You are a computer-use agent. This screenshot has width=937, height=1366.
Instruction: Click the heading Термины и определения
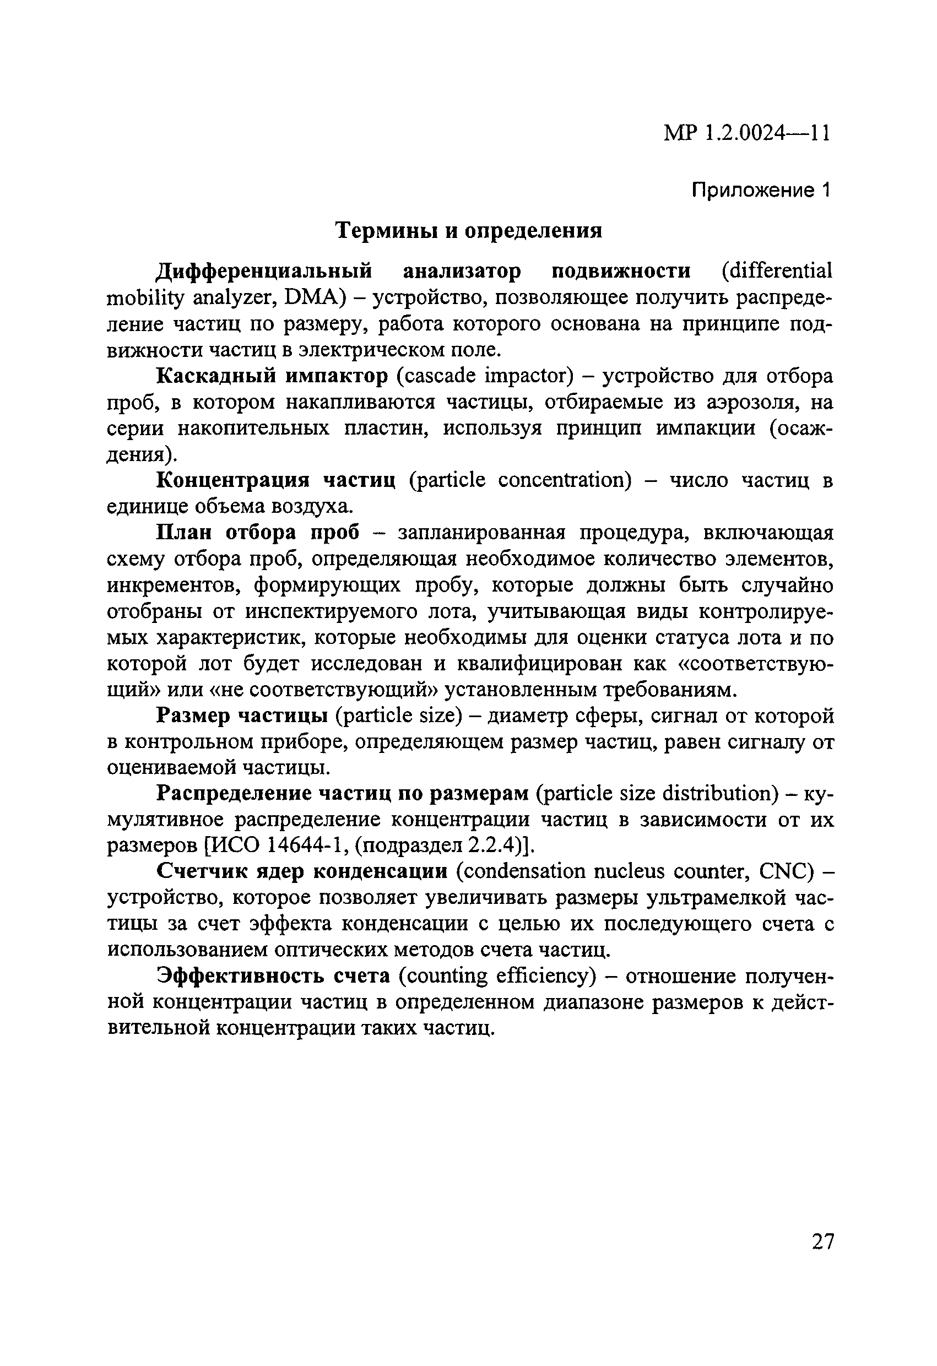click(468, 230)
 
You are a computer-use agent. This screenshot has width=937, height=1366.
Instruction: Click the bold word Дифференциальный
click(264, 271)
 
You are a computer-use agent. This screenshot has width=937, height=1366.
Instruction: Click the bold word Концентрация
click(233, 480)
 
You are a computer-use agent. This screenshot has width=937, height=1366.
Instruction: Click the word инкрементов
click(172, 585)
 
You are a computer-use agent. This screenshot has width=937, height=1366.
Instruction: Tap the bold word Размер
click(191, 716)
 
